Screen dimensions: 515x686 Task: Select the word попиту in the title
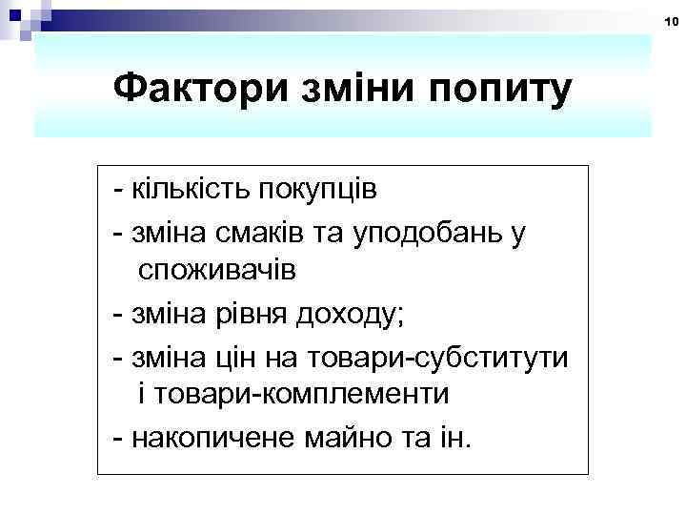(495, 92)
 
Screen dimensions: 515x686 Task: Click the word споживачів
(216, 273)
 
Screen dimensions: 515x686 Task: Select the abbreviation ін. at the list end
(454, 438)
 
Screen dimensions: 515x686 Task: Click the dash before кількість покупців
(116, 188)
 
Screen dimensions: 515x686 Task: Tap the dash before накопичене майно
(116, 438)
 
